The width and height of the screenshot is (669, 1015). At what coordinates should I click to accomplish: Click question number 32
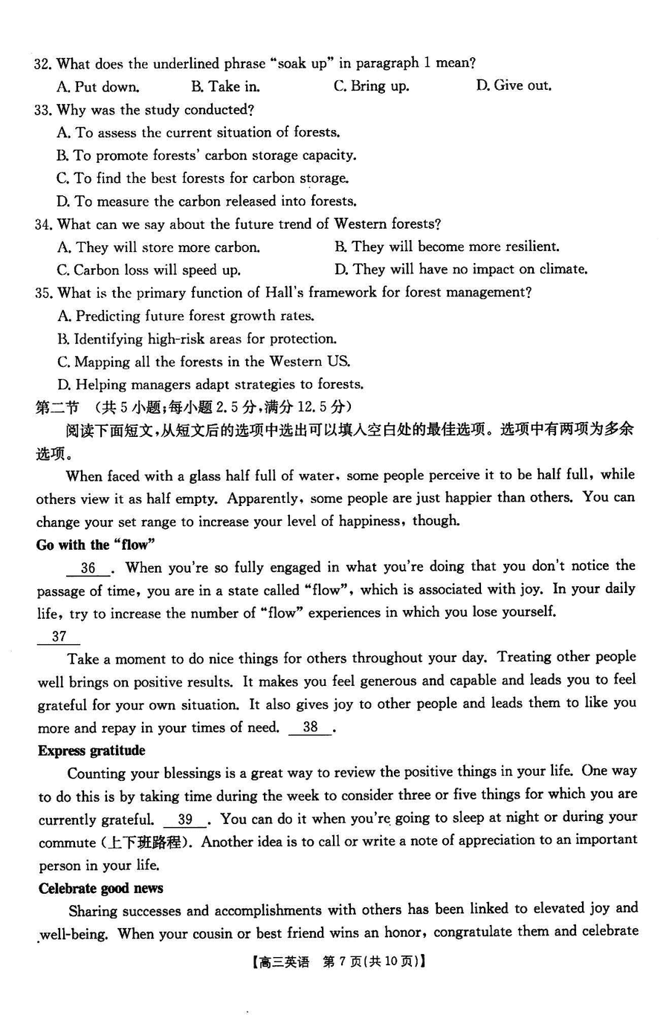(x=42, y=65)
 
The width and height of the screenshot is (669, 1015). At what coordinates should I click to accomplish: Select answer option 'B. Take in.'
(x=225, y=87)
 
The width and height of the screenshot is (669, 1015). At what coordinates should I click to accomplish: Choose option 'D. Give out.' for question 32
(x=514, y=86)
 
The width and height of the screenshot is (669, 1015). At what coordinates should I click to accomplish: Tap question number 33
(x=42, y=111)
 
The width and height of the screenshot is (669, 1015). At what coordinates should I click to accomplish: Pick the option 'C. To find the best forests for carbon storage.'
(x=203, y=178)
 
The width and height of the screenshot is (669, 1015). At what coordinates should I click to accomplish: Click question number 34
(x=43, y=224)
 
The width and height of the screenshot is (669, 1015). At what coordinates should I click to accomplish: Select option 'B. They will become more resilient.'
(x=447, y=247)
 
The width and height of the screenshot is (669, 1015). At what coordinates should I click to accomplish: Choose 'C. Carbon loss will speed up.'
(x=149, y=270)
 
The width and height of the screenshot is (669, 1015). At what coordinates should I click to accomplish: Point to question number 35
(x=43, y=294)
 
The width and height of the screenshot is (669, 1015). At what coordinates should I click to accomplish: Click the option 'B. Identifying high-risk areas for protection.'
(x=197, y=340)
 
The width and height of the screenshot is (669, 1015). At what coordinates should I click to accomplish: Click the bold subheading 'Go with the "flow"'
(x=96, y=545)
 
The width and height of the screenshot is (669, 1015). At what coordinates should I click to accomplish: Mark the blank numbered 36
(x=88, y=568)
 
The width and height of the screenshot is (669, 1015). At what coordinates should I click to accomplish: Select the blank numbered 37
(x=59, y=637)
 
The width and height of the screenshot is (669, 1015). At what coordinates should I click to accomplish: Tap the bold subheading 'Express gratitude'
(x=91, y=750)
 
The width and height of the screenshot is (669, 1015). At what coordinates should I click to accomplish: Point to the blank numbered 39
(x=186, y=820)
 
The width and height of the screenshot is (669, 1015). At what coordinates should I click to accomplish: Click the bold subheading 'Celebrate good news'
(x=100, y=888)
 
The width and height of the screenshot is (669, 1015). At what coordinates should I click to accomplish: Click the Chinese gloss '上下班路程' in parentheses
(x=145, y=843)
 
